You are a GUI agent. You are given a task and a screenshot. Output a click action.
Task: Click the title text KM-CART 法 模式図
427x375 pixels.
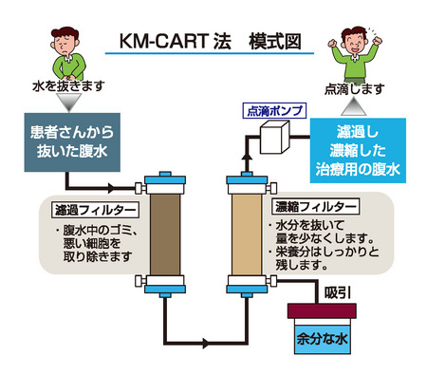click(211, 42)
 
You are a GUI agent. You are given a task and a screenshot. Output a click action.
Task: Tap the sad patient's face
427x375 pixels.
click(65, 44)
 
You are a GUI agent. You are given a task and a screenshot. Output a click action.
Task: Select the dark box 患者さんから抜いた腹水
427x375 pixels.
click(72, 142)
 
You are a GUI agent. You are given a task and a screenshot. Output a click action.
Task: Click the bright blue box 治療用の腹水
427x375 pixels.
click(358, 150)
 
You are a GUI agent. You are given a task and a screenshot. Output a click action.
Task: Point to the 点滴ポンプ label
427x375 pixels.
click(274, 111)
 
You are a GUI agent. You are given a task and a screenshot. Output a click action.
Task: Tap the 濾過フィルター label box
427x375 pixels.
click(95, 210)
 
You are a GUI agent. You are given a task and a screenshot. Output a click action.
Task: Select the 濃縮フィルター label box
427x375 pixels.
click(315, 206)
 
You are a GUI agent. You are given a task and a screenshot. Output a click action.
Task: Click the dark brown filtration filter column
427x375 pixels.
click(165, 234)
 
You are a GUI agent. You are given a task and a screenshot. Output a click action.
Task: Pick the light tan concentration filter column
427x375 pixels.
click(247, 234)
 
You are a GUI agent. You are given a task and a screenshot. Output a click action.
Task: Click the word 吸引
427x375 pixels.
click(338, 293)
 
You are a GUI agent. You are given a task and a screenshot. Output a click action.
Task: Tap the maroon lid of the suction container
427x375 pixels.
click(322, 310)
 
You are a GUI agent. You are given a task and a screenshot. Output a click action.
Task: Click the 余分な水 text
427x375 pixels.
click(322, 339)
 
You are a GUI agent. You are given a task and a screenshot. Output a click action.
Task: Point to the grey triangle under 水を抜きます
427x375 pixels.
click(69, 102)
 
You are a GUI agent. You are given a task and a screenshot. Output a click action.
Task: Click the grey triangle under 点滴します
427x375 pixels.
click(354, 106)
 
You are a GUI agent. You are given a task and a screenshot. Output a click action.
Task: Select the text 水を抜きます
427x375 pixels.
click(68, 85)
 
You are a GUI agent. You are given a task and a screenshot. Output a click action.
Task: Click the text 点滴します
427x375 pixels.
click(355, 89)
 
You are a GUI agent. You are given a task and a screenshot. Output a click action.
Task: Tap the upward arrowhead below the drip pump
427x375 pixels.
click(247, 158)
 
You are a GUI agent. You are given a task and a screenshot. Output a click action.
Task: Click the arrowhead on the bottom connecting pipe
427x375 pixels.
click(206, 343)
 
